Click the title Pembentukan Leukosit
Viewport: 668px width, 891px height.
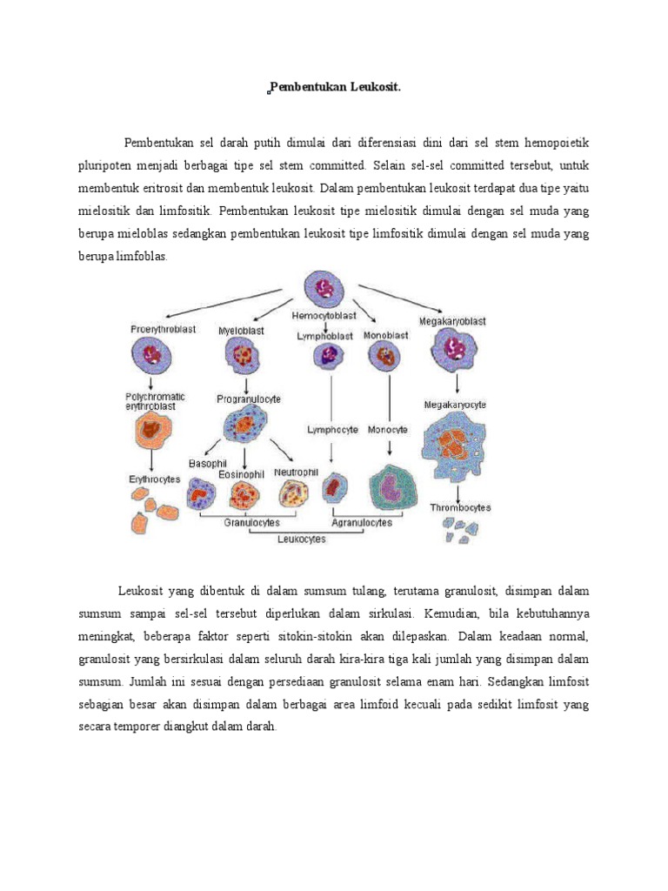coord(336,87)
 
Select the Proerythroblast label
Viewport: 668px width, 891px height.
coord(164,329)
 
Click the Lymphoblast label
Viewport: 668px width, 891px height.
coord(324,335)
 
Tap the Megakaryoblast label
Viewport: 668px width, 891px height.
coord(452,321)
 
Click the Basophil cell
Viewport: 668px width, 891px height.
coord(201,495)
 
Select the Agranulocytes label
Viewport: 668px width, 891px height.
coord(362,523)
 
